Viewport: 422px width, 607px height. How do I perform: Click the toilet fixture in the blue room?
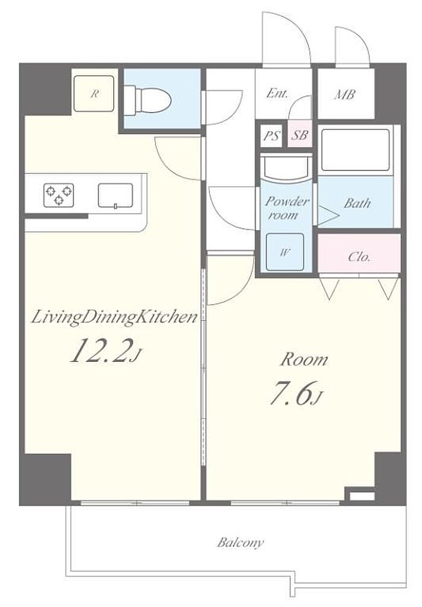pos(148,99)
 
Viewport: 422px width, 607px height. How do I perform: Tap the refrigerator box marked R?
pos(94,93)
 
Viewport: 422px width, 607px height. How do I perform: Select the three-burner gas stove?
pos(59,195)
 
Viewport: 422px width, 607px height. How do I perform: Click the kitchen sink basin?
pos(116,195)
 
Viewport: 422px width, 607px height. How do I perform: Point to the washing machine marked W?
pos(285,252)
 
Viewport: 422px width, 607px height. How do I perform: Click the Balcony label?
pos(241,543)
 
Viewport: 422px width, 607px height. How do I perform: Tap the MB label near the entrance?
pos(345,95)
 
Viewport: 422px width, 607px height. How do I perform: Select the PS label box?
pos(272,135)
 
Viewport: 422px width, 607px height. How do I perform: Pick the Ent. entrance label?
pos(277,93)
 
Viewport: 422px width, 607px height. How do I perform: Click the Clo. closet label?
pos(359,257)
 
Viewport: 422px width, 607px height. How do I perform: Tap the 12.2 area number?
pos(99,350)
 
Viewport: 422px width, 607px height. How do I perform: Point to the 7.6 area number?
pos(291,393)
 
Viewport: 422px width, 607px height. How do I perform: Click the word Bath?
pos(357,203)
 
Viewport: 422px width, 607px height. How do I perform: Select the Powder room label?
pos(287,208)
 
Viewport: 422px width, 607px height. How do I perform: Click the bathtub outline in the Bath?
pos(356,150)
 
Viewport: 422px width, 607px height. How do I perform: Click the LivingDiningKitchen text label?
pos(115,318)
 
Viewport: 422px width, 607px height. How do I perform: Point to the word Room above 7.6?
pos(304,360)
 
